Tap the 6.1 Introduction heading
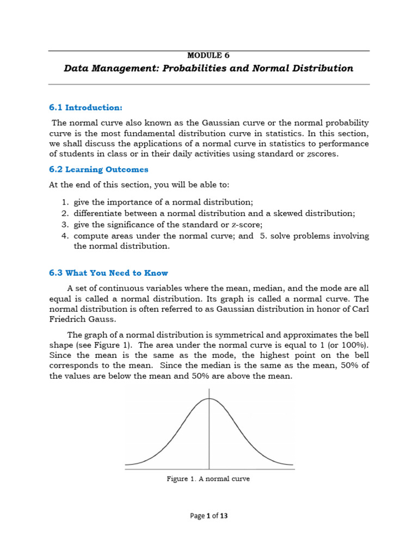coord(86,108)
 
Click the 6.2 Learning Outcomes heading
coord(99,170)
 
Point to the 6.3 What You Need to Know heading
coord(109,273)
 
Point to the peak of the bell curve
coord(210,399)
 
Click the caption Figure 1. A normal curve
coord(208,479)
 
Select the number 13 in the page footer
coord(224,516)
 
